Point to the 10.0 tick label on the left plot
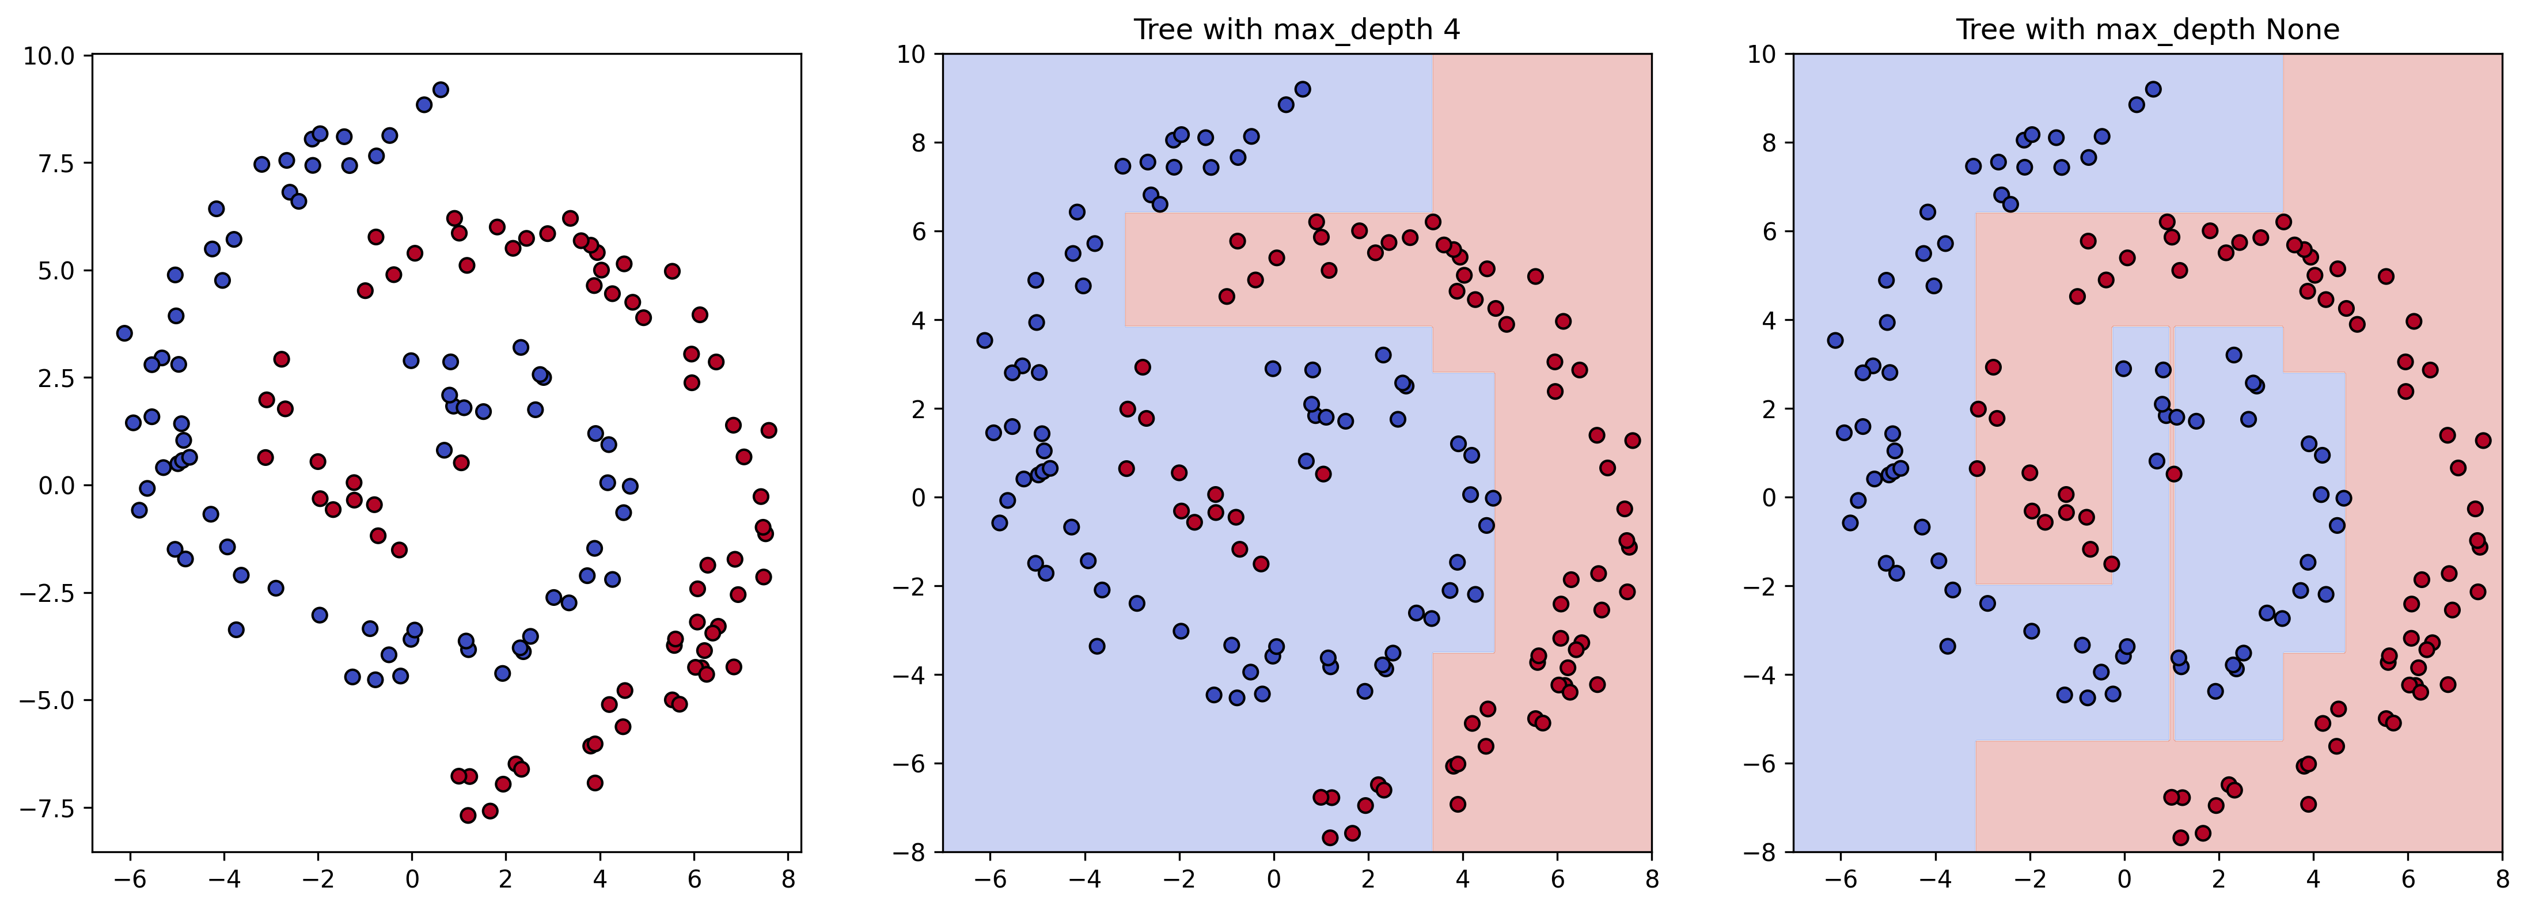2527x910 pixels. pos(49,56)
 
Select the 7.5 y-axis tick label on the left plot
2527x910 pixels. pos(56,163)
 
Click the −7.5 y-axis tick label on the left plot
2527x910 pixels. pos(49,808)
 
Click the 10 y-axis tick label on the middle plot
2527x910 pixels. pos(911,54)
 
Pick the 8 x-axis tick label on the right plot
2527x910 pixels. pos(2502,879)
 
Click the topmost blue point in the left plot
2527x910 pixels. pos(441,89)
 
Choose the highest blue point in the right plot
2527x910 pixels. pos(2153,89)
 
